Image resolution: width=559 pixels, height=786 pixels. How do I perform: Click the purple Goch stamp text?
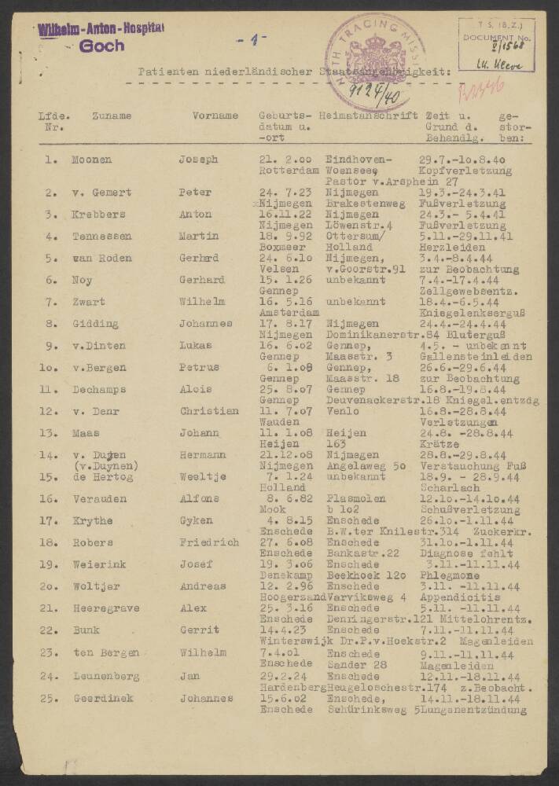(102, 46)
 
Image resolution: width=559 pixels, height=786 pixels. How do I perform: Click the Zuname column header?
(111, 116)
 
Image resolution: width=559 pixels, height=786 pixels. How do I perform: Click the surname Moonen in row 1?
(91, 160)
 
